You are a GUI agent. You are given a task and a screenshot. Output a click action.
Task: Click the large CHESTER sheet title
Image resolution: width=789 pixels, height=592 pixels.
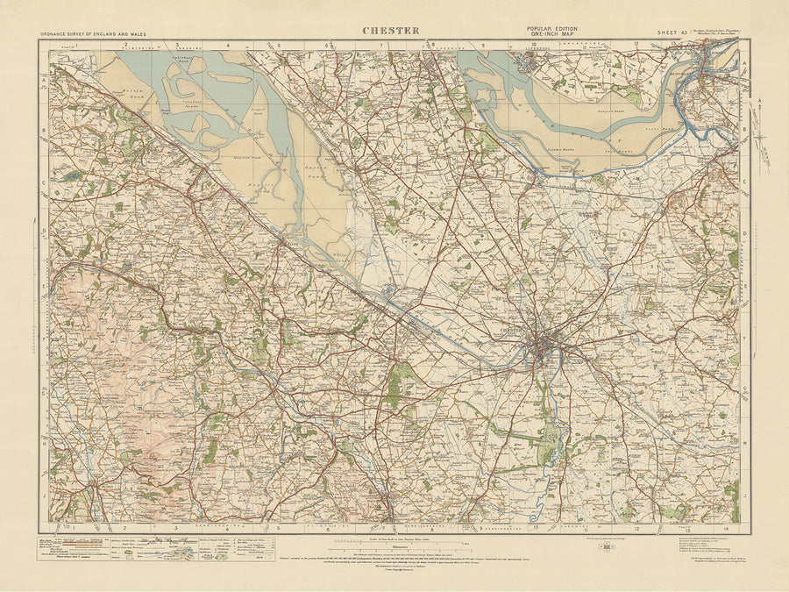391,31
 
